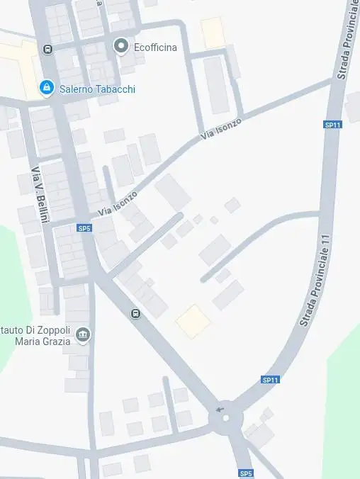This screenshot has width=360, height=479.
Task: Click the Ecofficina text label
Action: (x=155, y=47)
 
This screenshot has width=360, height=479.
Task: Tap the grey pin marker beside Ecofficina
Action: (x=121, y=46)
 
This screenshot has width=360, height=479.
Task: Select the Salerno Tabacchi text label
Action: (x=97, y=89)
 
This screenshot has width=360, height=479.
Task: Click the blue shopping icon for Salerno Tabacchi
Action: (x=46, y=88)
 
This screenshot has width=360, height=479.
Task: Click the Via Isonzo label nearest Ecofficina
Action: (x=220, y=128)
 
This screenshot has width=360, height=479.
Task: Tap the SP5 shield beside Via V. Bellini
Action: (x=84, y=228)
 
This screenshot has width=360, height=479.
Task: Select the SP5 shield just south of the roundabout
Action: (x=245, y=473)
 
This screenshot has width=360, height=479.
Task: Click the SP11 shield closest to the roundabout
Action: (x=270, y=380)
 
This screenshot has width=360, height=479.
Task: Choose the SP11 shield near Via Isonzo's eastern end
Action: (x=332, y=125)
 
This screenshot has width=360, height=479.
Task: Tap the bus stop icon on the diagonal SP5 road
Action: (x=135, y=313)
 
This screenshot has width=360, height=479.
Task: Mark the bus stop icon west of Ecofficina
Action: (x=47, y=49)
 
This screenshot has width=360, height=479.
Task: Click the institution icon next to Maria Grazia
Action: (x=84, y=334)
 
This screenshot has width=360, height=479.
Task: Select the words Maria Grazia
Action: (x=43, y=342)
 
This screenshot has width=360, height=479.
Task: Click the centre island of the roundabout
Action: (x=226, y=418)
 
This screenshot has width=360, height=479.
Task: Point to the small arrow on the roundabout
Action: (x=220, y=409)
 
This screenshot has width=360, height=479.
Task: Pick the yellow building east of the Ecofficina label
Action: (x=213, y=33)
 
